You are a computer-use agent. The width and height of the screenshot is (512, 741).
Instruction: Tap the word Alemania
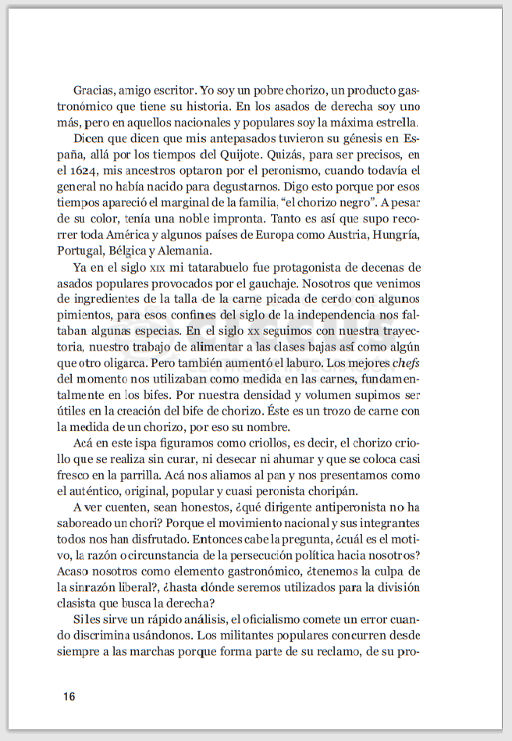[x=184, y=251]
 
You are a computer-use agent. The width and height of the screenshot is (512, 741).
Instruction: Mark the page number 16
[x=69, y=696]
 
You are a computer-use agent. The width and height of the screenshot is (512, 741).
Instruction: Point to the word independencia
[x=346, y=315]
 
